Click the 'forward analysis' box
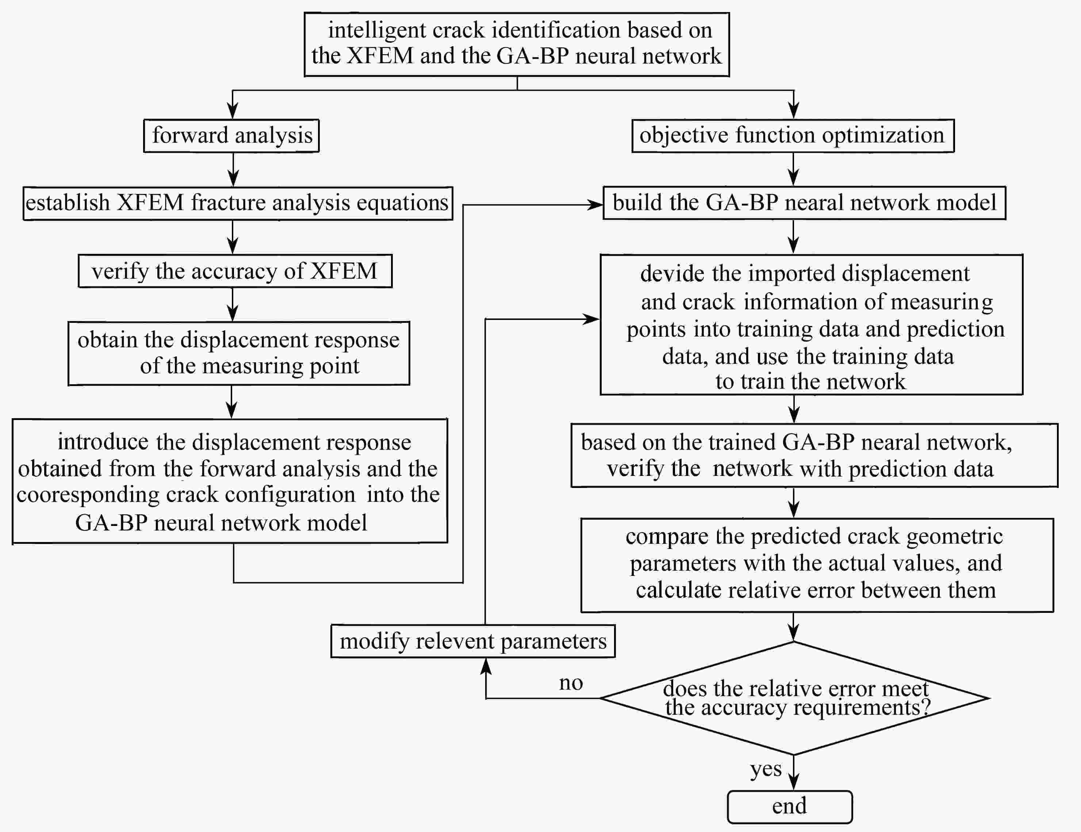coord(231,136)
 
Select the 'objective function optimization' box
coord(793,136)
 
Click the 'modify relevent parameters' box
coord(473,641)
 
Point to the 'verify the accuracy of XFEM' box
coord(235,271)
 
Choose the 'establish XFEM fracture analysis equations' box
coord(238,203)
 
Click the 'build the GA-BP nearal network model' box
coord(804,203)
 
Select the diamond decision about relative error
coord(794,698)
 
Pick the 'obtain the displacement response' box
coord(238,353)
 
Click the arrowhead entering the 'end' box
coord(793,782)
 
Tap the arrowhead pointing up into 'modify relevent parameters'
coord(486,667)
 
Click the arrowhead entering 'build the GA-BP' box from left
coord(594,205)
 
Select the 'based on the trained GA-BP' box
coord(814,455)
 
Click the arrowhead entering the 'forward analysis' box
coord(232,111)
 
